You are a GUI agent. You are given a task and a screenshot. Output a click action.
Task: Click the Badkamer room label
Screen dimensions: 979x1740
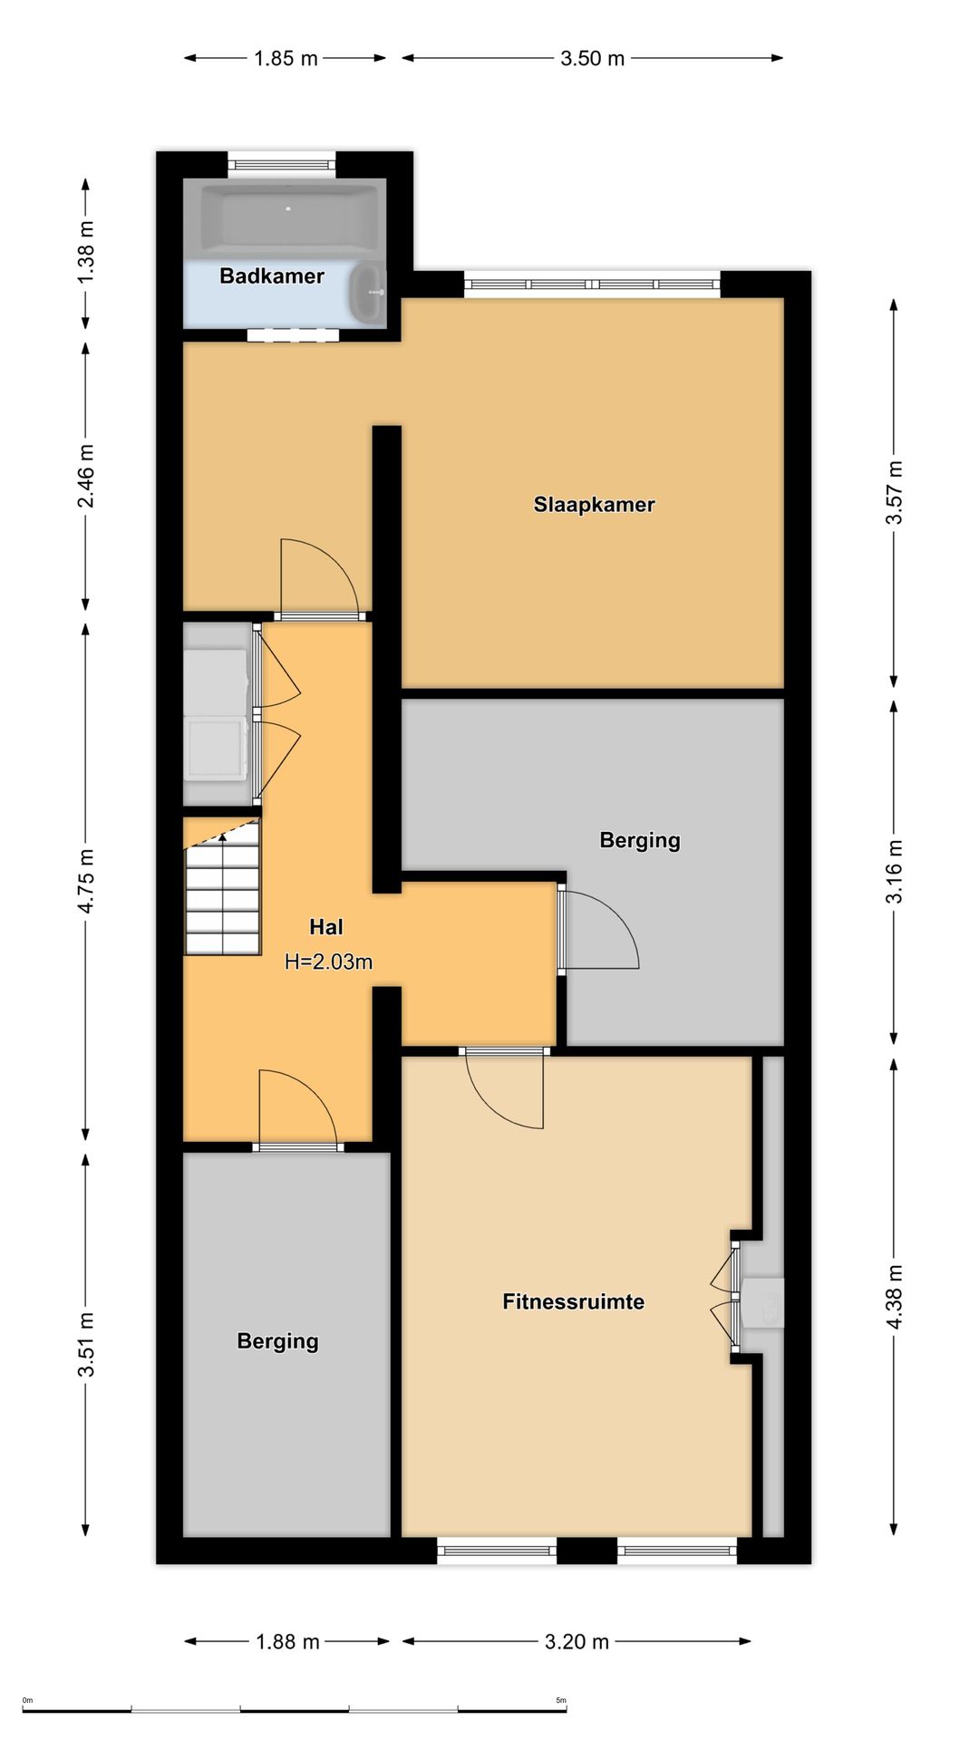pyautogui.click(x=272, y=276)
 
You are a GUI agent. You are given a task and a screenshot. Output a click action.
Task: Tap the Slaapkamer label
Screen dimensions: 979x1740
pyautogui.click(x=594, y=505)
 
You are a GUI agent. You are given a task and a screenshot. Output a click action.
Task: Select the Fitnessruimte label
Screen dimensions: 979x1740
pyautogui.click(x=574, y=1302)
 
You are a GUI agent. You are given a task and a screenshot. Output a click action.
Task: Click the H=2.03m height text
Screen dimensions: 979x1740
pyautogui.click(x=328, y=962)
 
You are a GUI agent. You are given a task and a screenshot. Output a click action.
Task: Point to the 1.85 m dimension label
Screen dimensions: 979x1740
pyautogui.click(x=286, y=59)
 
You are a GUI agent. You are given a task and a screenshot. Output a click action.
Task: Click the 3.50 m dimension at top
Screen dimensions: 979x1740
pyautogui.click(x=592, y=59)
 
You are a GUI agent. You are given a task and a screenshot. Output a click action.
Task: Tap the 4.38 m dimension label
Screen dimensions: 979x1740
pyautogui.click(x=895, y=1297)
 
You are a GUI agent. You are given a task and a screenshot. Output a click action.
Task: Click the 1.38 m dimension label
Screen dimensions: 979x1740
pyautogui.click(x=86, y=252)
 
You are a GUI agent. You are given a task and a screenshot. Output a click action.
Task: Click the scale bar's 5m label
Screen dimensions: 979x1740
pyautogui.click(x=561, y=1700)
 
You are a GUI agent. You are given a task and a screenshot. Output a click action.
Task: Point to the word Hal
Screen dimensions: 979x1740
pyautogui.click(x=326, y=927)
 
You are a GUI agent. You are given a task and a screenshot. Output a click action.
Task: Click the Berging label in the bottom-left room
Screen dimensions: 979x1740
pyautogui.click(x=277, y=1341)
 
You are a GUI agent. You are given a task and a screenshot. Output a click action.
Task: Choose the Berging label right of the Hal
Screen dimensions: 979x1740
pyautogui.click(x=640, y=840)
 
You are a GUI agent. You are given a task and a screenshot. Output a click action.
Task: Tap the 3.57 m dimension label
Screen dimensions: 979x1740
pyautogui.click(x=895, y=492)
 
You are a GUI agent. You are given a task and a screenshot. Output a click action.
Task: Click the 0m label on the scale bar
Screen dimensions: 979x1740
pyautogui.click(x=27, y=1700)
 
